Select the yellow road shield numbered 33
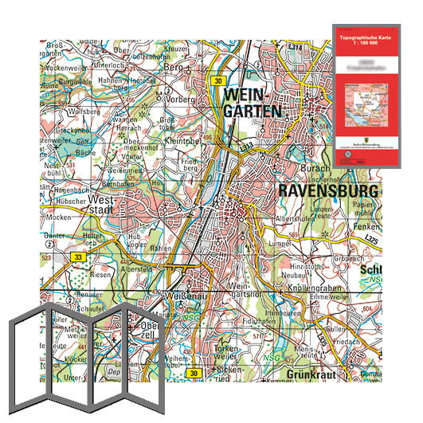coord(78,257)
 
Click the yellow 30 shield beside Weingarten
coord(218,80)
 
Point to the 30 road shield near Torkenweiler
coord(194,373)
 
